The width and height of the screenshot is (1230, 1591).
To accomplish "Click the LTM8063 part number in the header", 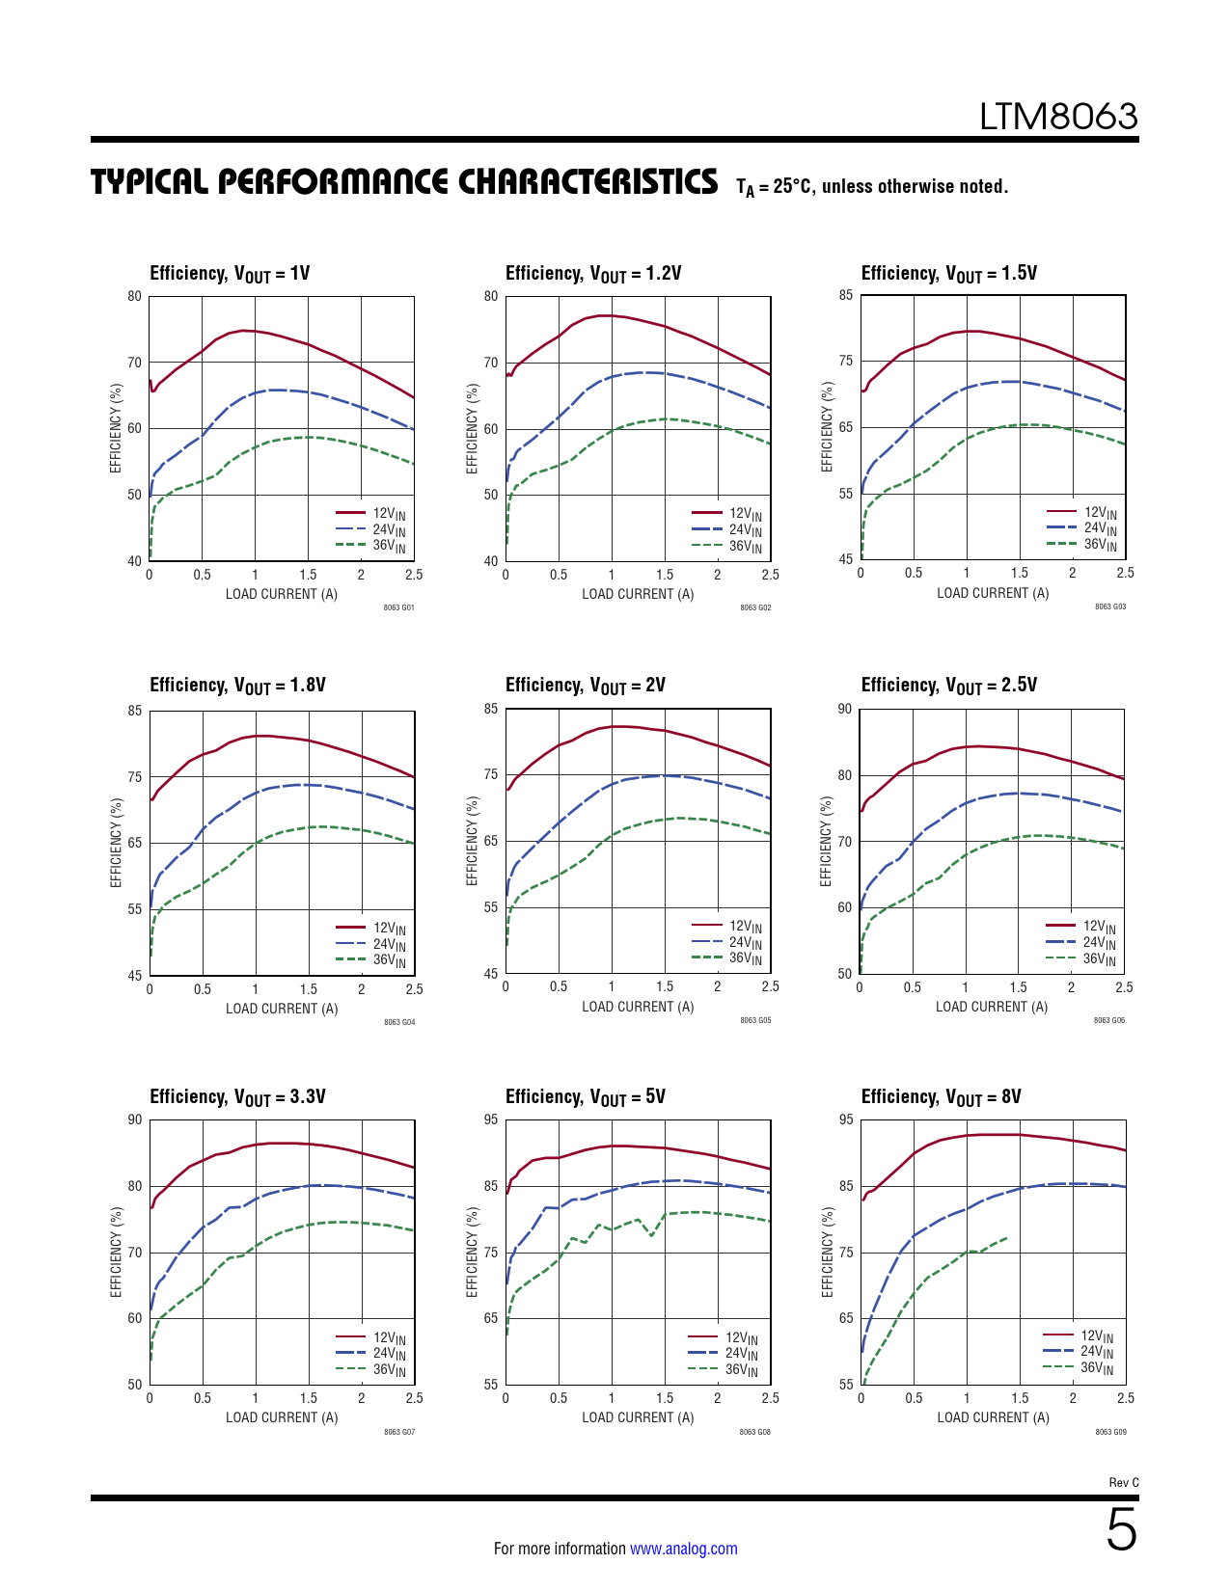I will tap(1058, 117).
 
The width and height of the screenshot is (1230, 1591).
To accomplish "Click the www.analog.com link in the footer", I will tap(683, 1549).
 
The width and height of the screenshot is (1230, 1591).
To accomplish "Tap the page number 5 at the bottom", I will tap(1121, 1530).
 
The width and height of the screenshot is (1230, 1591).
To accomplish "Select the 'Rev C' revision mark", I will tap(1123, 1482).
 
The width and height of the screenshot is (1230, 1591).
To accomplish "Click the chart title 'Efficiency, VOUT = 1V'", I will tap(230, 274).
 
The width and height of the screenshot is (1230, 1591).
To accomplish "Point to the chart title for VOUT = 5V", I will tap(585, 1097).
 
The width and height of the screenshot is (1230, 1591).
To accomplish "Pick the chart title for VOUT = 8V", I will tap(941, 1097).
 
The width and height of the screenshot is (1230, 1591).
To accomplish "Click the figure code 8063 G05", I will tap(755, 1020).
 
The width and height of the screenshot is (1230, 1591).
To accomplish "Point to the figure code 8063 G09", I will tap(1110, 1432).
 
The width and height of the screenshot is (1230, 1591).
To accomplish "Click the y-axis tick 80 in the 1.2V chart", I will tap(491, 296).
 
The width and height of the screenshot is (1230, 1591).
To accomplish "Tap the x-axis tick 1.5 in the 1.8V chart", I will tap(308, 989).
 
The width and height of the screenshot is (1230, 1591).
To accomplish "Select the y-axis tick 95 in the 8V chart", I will tap(846, 1119).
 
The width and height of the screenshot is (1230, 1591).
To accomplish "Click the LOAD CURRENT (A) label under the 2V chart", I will tap(638, 1007).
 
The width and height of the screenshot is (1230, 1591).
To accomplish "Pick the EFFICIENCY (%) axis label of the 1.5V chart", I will tap(827, 427).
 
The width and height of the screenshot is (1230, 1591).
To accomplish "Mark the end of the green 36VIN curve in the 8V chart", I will tap(1008, 1236).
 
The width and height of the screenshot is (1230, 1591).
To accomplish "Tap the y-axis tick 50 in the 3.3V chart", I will tap(135, 1385).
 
